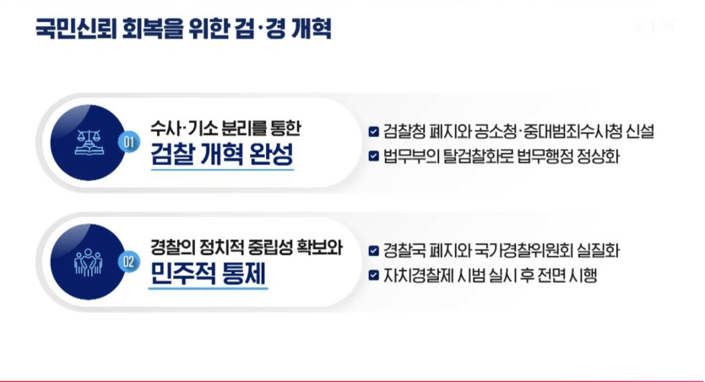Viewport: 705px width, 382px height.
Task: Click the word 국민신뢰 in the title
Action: [x=76, y=30]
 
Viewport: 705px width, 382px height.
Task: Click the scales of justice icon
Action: [x=89, y=142]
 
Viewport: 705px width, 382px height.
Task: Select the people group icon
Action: [x=88, y=262]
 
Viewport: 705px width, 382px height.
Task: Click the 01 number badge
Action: [x=128, y=142]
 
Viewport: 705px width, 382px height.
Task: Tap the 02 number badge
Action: [x=128, y=262]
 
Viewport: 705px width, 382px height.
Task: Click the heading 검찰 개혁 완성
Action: [x=222, y=155]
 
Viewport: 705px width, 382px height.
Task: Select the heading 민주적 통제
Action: [x=208, y=273]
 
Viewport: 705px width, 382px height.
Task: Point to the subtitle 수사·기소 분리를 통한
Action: [x=225, y=128]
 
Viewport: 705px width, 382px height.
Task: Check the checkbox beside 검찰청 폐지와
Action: [x=374, y=131]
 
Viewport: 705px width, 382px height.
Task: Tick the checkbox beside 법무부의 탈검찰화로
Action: [x=374, y=156]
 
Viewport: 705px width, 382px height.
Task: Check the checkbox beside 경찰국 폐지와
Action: [x=374, y=251]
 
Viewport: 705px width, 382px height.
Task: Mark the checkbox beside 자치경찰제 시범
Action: [x=374, y=275]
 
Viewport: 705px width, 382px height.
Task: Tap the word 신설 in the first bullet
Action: [x=640, y=131]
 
